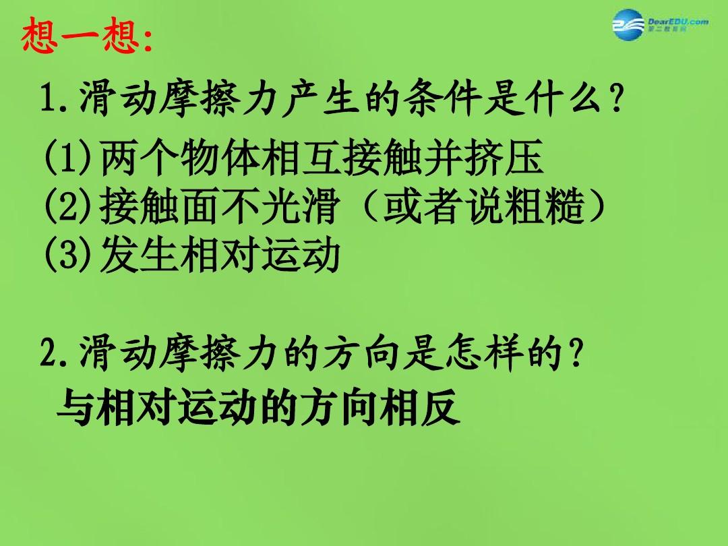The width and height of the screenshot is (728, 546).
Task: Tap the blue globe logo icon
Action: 628,24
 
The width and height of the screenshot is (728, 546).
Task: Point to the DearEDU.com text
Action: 678,22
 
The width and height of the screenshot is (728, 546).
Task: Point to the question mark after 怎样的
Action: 576,353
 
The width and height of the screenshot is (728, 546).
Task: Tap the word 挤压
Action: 504,157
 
